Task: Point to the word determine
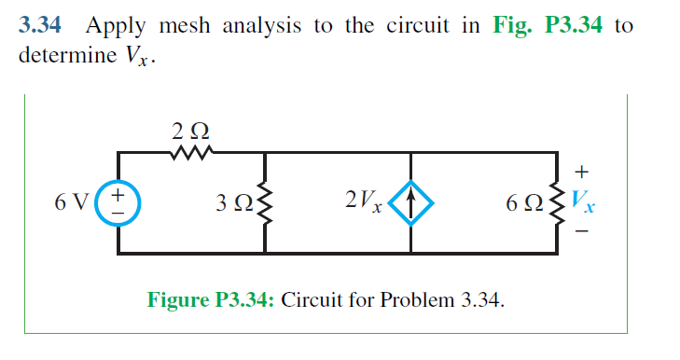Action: pyautogui.click(x=73, y=55)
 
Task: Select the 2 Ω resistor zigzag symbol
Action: pyautogui.click(x=193, y=150)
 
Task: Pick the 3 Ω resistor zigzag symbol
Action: pyautogui.click(x=267, y=201)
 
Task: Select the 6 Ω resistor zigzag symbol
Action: pyautogui.click(x=561, y=201)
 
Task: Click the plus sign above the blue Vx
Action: pyautogui.click(x=583, y=172)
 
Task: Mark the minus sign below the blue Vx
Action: pyautogui.click(x=583, y=232)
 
